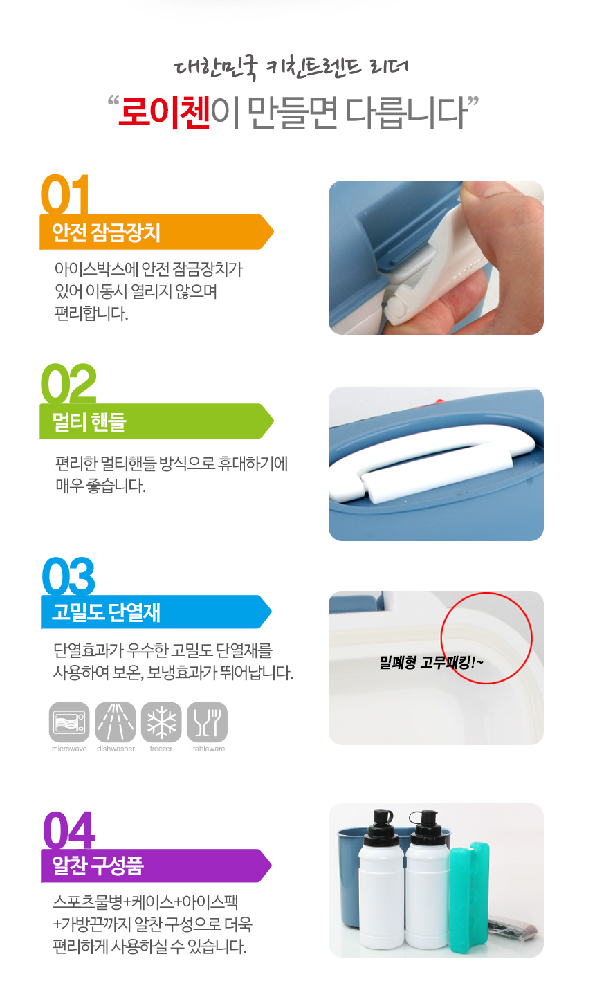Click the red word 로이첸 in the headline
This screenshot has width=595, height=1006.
(x=165, y=112)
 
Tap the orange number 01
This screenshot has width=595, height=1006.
(x=65, y=194)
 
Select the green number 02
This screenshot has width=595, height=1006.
(x=68, y=383)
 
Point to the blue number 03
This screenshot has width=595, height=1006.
(x=68, y=576)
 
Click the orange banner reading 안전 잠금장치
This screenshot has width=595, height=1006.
(x=156, y=232)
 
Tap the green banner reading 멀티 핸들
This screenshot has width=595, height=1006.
(x=156, y=421)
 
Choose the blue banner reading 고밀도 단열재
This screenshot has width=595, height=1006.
(x=156, y=612)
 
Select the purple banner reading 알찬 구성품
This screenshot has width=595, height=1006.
(x=156, y=866)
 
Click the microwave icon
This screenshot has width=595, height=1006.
(x=69, y=722)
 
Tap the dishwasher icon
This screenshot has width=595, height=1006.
(x=116, y=722)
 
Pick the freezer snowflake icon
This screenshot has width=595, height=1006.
(x=161, y=722)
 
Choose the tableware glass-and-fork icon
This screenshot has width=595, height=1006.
(x=208, y=722)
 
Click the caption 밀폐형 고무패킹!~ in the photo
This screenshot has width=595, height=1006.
(x=431, y=662)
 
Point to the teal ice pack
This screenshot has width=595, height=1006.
(x=470, y=897)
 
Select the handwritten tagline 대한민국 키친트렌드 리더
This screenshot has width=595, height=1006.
(x=291, y=68)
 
